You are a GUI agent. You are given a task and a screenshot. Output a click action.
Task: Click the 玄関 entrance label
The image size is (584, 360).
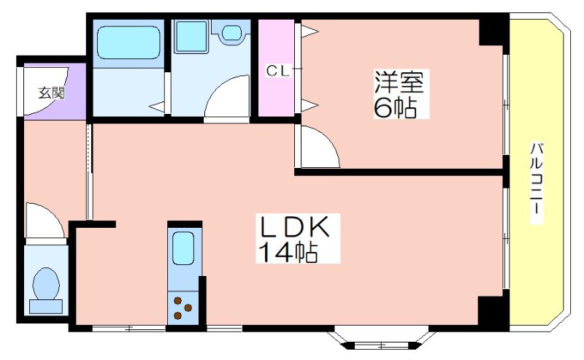pyautogui.click(x=52, y=93)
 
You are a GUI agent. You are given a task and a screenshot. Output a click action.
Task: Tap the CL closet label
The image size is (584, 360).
pyautogui.click(x=277, y=71)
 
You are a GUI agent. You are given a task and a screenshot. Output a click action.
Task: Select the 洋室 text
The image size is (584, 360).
pyautogui.click(x=399, y=82)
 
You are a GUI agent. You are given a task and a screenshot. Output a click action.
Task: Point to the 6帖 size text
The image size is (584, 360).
pyautogui.click(x=394, y=108)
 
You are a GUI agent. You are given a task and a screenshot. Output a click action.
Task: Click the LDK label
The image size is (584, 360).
pyautogui.click(x=295, y=227)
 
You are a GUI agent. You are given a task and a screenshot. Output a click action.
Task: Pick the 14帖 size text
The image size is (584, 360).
pyautogui.click(x=288, y=252)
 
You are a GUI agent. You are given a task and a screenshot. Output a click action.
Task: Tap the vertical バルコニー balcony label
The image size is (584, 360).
pyautogui.click(x=537, y=183)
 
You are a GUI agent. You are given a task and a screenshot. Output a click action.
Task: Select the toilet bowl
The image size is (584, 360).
pyautogui.click(x=46, y=283)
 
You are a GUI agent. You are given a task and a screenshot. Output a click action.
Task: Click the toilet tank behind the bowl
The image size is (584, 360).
pyautogui.click(x=46, y=307)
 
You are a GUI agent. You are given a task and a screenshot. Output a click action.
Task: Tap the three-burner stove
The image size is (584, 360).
pyautogui.click(x=183, y=308)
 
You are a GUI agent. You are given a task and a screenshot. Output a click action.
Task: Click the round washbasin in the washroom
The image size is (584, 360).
pyautogui.click(x=231, y=33)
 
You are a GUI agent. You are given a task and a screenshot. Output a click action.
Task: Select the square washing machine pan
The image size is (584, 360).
pyautogui.click(x=191, y=37)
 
